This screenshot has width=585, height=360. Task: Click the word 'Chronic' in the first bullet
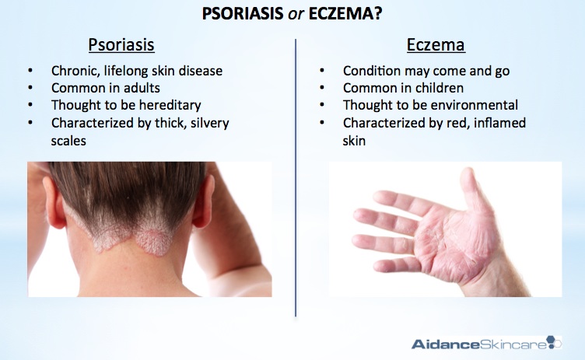[75, 71]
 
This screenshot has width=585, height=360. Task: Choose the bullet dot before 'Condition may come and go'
[321, 71]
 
